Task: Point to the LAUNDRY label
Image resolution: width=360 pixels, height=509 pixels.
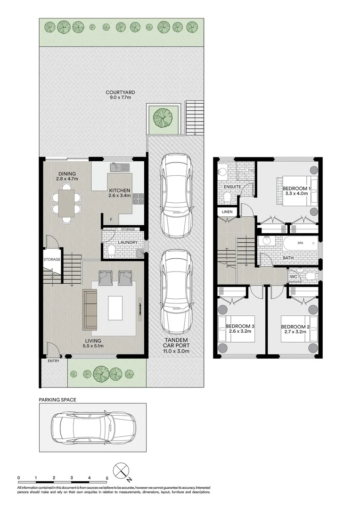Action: pos(128,242)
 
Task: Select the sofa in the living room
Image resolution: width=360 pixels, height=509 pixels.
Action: pos(90,309)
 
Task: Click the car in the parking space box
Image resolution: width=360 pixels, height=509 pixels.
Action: pos(93,427)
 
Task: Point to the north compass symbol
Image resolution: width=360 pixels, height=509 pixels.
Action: pos(122,470)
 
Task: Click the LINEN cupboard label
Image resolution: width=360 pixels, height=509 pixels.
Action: pos(227,212)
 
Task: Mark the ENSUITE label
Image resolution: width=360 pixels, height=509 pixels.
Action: pos(232,187)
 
